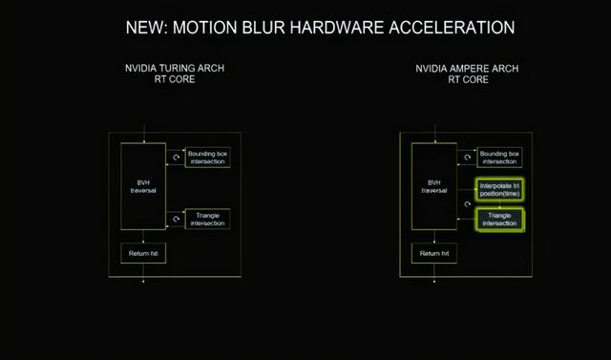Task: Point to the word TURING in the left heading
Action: click(x=174, y=69)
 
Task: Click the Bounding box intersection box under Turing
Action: click(x=207, y=158)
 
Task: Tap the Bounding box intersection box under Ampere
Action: click(x=500, y=158)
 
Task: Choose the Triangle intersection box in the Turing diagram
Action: click(x=207, y=220)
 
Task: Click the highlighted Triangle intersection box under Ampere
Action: click(x=500, y=220)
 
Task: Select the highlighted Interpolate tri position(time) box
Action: click(x=500, y=189)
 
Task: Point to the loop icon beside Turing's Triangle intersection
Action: click(x=175, y=220)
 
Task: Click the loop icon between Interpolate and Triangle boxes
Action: click(x=467, y=204)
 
